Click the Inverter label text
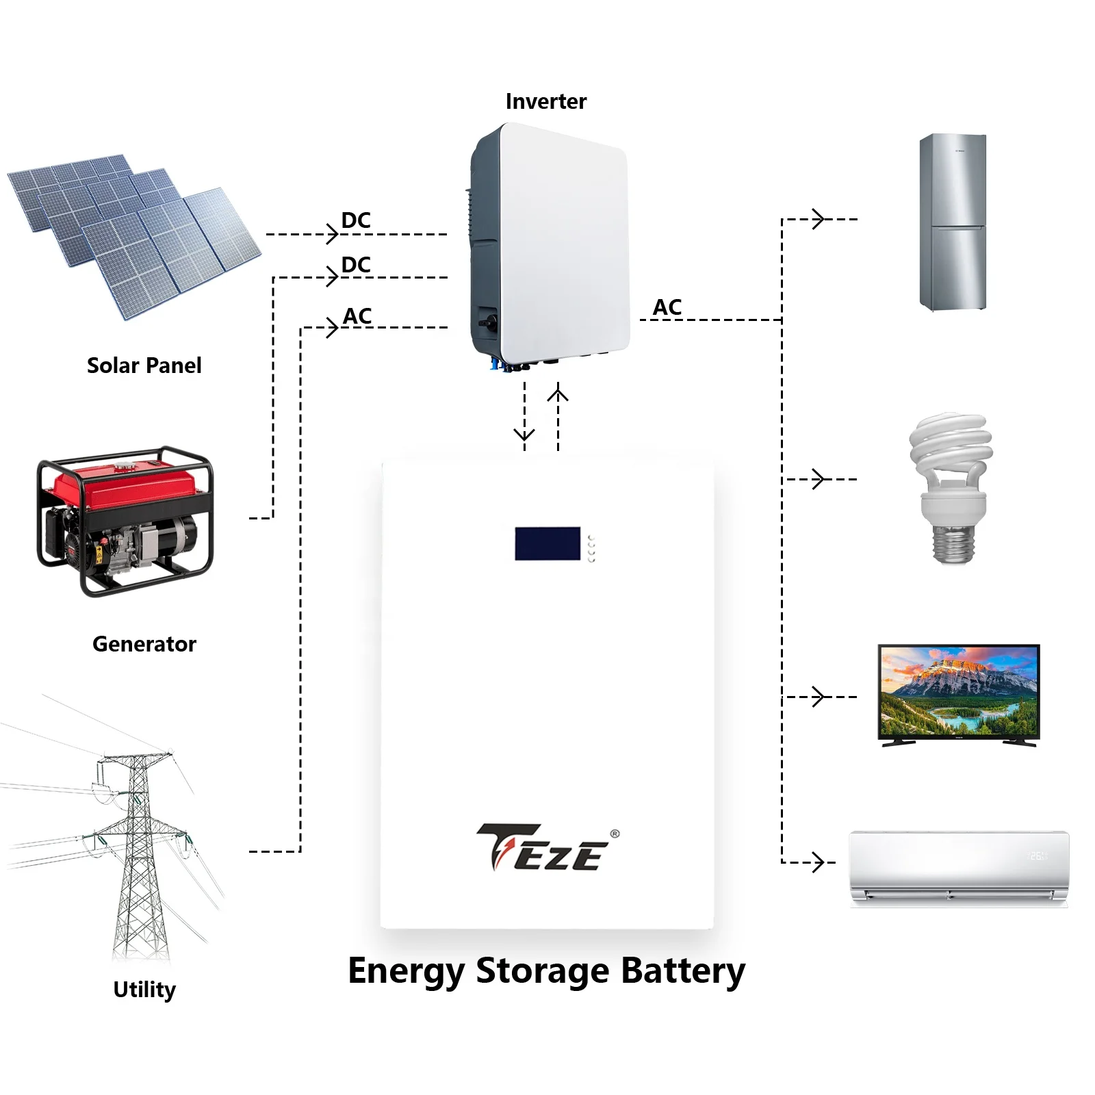tap(545, 101)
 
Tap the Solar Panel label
tap(144, 365)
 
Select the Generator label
tap(144, 644)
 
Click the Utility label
tap(144, 990)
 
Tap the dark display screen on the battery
tap(547, 543)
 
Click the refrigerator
tap(953, 222)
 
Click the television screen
tap(958, 691)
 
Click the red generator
tap(125, 520)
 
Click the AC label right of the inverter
tap(667, 307)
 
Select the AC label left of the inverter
tap(357, 316)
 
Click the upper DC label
tap(356, 220)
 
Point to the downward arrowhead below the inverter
tap(524, 435)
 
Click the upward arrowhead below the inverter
tap(558, 395)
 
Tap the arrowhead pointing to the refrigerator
tap(818, 219)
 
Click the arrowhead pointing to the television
tap(818, 697)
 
